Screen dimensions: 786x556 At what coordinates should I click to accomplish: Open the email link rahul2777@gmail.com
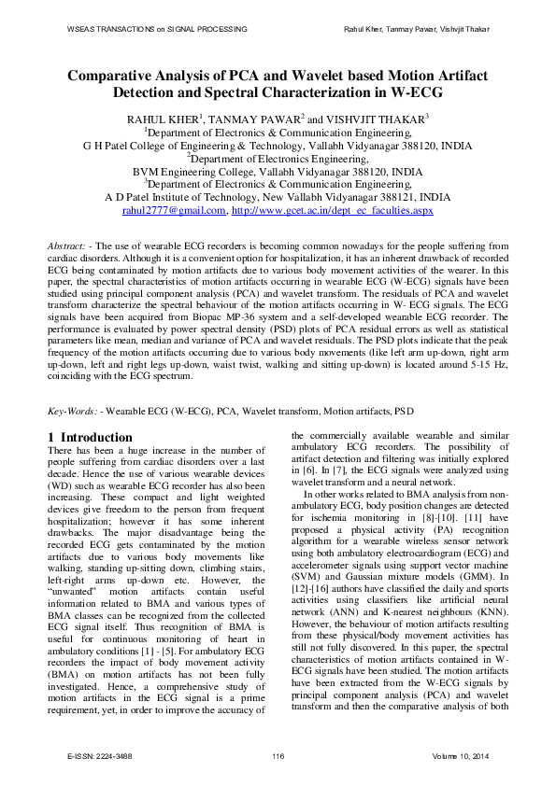coord(174,211)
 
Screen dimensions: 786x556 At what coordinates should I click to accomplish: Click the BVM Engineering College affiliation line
coord(278,172)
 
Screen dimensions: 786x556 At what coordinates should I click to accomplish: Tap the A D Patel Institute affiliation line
coord(278,198)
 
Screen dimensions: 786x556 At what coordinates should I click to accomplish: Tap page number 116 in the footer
coord(278,755)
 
